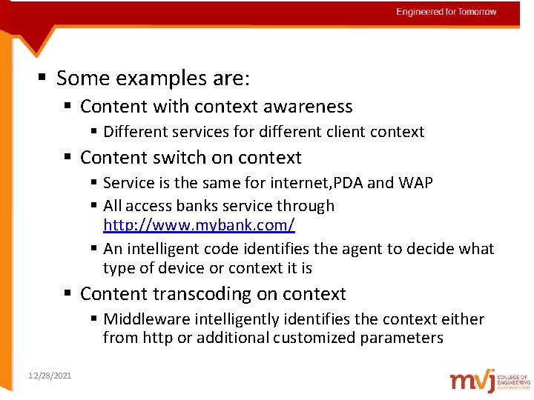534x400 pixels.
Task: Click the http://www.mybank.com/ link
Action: point(199,224)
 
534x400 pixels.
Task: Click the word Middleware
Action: point(148,319)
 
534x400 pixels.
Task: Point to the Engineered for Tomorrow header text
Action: point(446,12)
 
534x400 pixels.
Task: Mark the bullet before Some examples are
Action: point(43,78)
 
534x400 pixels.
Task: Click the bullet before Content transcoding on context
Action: point(67,294)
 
